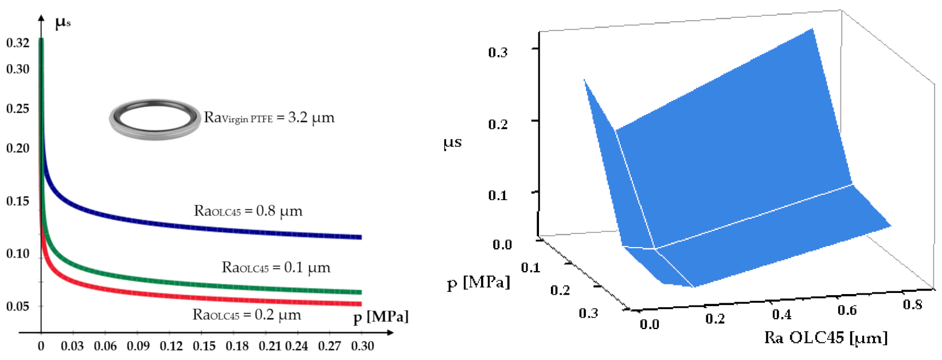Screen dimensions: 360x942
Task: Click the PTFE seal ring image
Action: point(155,119)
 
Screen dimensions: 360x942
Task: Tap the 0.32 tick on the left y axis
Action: point(17,43)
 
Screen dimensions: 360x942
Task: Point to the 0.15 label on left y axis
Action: point(17,201)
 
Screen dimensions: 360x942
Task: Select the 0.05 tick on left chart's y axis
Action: point(17,307)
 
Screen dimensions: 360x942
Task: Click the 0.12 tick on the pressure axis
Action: point(171,346)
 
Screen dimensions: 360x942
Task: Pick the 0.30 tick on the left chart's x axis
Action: point(362,346)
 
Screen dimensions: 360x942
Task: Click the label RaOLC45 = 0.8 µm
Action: point(248,211)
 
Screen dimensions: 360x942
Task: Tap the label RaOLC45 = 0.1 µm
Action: point(276,268)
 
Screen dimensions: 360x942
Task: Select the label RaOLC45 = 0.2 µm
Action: point(247,315)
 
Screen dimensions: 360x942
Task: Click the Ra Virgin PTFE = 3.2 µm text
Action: point(269,118)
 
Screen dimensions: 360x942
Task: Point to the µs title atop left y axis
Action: point(62,23)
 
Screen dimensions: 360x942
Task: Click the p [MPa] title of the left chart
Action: point(381,317)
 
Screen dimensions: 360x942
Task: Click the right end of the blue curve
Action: point(360,237)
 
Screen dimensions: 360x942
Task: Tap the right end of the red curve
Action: point(360,304)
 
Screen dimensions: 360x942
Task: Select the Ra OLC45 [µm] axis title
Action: point(826,338)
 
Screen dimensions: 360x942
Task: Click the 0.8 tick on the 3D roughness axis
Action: point(912,304)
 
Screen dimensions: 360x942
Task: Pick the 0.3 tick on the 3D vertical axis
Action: point(498,53)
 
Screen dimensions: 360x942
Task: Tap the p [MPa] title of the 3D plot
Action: point(478,283)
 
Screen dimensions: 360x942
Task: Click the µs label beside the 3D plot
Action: point(452,142)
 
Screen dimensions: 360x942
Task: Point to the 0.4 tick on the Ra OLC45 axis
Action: point(781,314)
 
